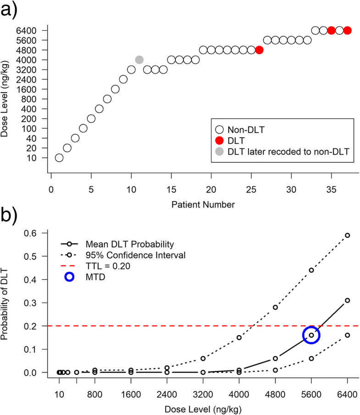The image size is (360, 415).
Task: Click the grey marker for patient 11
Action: click(x=139, y=60)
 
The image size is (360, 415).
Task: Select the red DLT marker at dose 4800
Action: click(x=259, y=50)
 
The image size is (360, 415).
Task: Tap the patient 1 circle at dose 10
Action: click(x=59, y=158)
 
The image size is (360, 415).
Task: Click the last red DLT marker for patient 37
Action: click(x=347, y=30)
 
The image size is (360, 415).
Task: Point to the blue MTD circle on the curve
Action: click(x=311, y=335)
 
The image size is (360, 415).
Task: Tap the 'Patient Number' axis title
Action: click(x=203, y=205)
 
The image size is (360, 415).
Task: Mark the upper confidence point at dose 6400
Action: click(x=347, y=235)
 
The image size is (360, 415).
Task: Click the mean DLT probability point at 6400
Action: click(x=347, y=300)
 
